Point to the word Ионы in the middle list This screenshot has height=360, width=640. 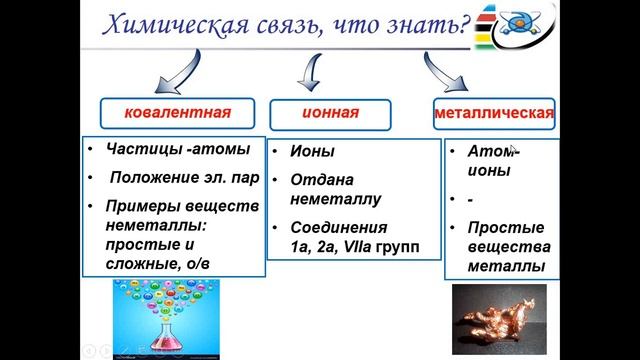click(312, 152)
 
